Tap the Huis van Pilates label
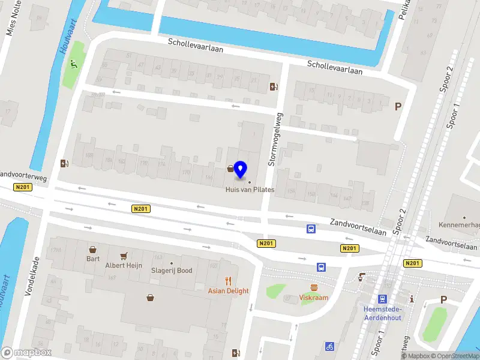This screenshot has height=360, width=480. coord(250,190)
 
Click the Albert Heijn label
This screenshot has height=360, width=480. coord(124,265)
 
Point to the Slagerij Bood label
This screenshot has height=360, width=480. coord(172,271)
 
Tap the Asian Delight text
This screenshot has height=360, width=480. coord(228,291)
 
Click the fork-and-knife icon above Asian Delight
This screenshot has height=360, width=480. coord(228,280)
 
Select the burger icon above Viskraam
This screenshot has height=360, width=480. coord(314,287)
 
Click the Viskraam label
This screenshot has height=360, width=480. coord(314,297)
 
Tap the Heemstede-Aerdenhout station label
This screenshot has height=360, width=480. coord(382,313)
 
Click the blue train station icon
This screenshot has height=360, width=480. coord(382,299)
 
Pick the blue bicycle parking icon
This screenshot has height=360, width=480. coord(329,346)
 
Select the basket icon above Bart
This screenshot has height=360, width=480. coord(93,249)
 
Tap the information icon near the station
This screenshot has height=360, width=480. coord(412,298)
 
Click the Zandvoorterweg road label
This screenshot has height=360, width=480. coord(23,175)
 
